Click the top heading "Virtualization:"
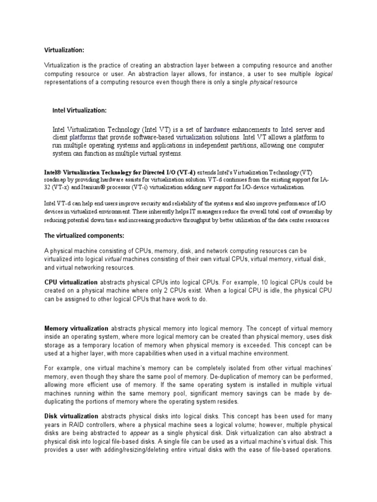point(64,50)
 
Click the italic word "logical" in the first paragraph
point(323,74)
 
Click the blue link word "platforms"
point(82,138)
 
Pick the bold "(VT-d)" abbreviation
point(186,172)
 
